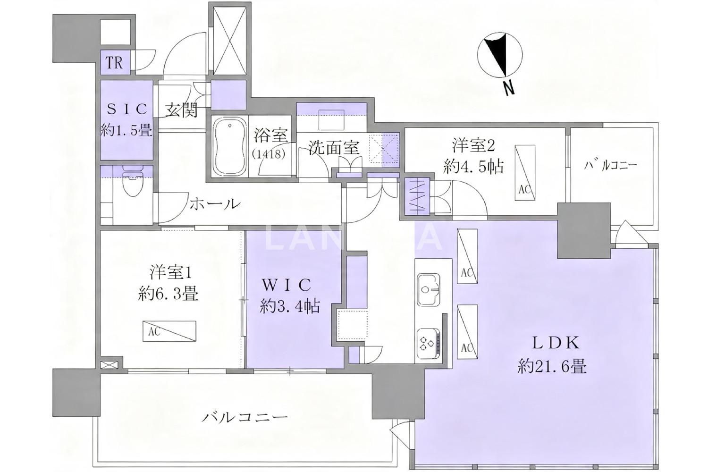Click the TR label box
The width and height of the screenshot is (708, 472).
pyautogui.click(x=115, y=63)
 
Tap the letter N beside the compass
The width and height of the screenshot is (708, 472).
pyautogui.click(x=508, y=88)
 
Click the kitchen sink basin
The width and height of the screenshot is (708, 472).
pyautogui.click(x=429, y=289)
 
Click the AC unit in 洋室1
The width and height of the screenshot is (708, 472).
pyautogui.click(x=169, y=331)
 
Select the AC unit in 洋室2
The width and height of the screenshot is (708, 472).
pyautogui.click(x=525, y=173)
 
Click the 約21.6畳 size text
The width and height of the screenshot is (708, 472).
pyautogui.click(x=552, y=367)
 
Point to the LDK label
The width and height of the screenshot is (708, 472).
pyautogui.click(x=556, y=344)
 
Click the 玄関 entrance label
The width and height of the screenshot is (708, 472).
pyautogui.click(x=182, y=110)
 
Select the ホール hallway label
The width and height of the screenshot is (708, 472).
pyautogui.click(x=215, y=204)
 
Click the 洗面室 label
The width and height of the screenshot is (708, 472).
pyautogui.click(x=334, y=148)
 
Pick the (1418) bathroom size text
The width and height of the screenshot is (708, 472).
pyautogui.click(x=269, y=154)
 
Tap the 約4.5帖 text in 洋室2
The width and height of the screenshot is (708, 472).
pyautogui.click(x=473, y=167)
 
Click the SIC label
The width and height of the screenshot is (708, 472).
pyautogui.click(x=127, y=109)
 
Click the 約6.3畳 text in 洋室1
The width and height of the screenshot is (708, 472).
pyautogui.click(x=168, y=295)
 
